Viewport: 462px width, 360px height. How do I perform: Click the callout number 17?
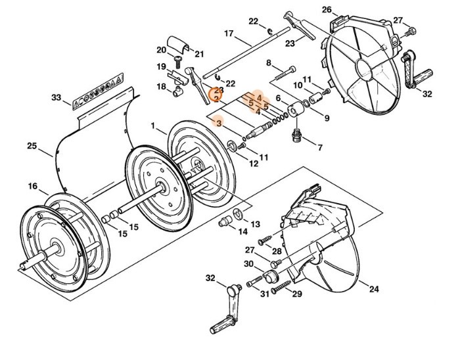[x=229, y=34]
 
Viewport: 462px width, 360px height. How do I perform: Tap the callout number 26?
[x=346, y=9]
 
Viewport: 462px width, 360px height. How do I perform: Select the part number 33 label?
[x=57, y=98]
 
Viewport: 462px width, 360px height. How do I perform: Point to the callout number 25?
[x=32, y=146]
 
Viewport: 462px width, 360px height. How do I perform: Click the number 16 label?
[x=32, y=187]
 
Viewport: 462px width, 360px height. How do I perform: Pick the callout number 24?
[x=373, y=290]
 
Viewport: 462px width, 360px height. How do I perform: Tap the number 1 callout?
[x=152, y=125]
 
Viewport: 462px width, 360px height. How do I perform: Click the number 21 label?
[x=200, y=54]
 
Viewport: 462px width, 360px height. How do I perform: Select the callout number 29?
[x=297, y=294]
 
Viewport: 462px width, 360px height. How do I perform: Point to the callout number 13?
[x=255, y=225]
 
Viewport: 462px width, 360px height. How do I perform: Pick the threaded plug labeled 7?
[x=296, y=136]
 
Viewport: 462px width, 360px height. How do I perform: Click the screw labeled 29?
[x=279, y=286]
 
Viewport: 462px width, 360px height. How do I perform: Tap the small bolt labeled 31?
[x=253, y=283]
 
